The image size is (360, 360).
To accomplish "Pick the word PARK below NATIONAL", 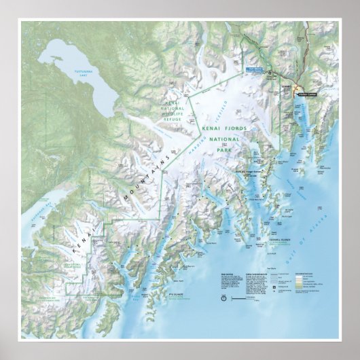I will [x=225, y=150].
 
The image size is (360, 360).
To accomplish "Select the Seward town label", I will [x=286, y=87].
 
